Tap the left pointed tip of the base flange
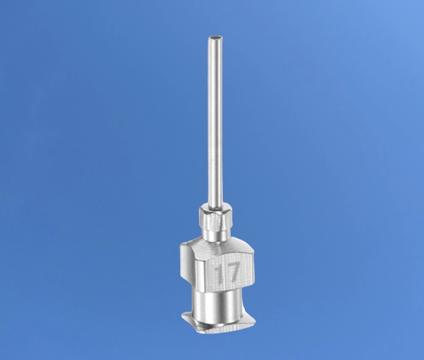182,314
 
